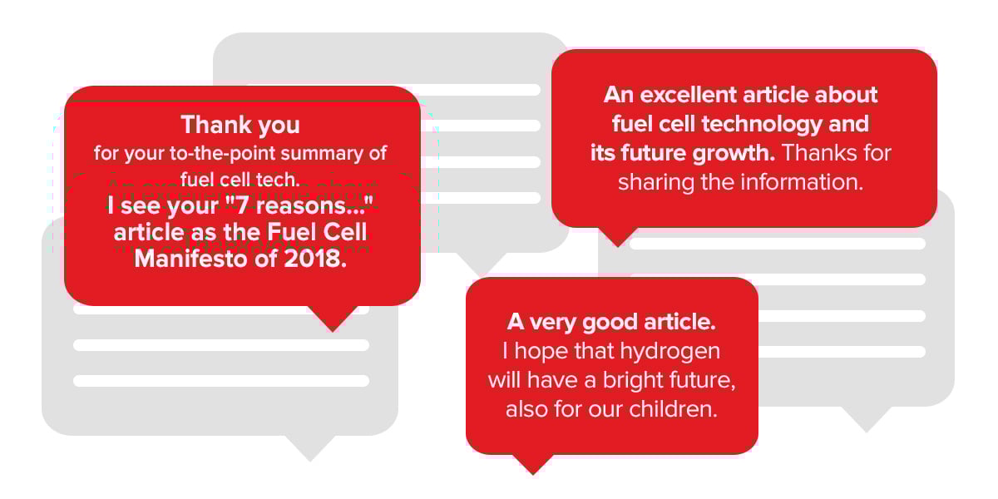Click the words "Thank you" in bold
coord(240,126)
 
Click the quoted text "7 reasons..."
coord(299,205)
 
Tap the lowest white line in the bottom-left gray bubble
coord(221,381)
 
